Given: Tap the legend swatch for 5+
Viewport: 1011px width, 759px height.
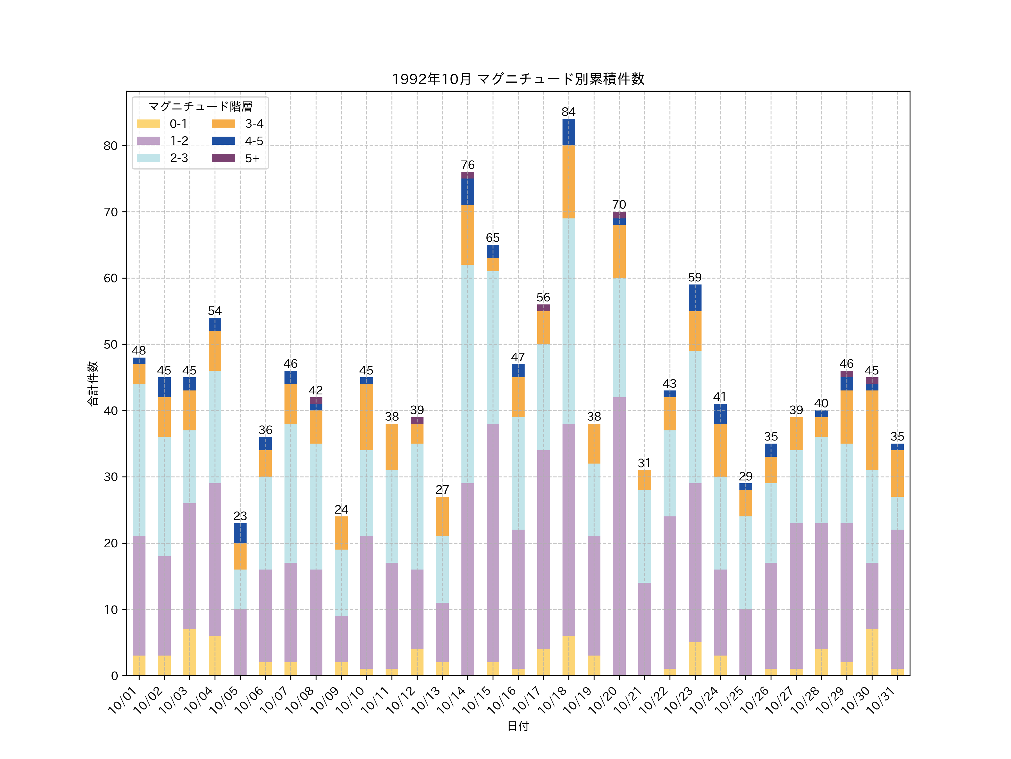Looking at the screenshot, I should tap(224, 158).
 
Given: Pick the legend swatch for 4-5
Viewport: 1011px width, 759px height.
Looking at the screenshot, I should tap(224, 141).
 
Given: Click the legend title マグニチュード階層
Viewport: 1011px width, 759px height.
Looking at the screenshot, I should tap(200, 107).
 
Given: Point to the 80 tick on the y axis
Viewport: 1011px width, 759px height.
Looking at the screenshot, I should tap(111, 146).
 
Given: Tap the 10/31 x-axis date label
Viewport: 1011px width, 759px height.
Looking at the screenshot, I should tap(882, 700).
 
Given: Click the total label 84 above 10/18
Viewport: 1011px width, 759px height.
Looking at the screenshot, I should tap(569, 112).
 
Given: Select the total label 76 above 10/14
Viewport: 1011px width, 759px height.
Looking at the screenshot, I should tap(468, 165).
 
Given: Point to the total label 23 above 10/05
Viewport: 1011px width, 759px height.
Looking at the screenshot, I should tap(240, 516).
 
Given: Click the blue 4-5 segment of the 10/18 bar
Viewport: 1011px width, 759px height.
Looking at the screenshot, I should tap(569, 132).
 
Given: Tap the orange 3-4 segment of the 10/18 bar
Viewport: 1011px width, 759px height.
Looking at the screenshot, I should tap(569, 182).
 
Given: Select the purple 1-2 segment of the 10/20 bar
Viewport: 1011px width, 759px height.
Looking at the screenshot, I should tap(619, 536).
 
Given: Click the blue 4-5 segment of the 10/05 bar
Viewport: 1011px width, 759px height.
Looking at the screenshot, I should tap(240, 533).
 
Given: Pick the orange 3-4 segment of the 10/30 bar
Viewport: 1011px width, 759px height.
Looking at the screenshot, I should tap(872, 430).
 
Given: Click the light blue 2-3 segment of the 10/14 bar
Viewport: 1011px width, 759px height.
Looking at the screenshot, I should tap(468, 374).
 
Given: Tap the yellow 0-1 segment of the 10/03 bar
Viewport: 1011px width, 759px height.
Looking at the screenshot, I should tap(190, 652).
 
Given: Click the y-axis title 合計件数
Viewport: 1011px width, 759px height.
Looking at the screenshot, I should tap(93, 383).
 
